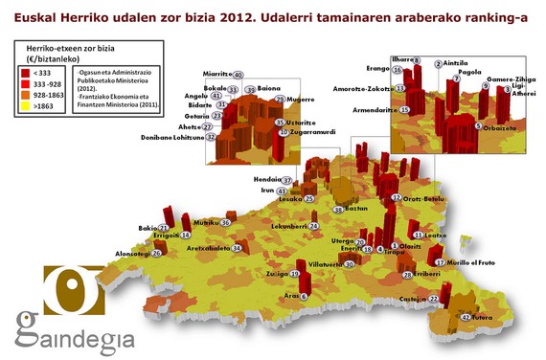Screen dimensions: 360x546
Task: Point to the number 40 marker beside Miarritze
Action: tap(239, 75)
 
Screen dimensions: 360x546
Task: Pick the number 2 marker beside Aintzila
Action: tap(439, 63)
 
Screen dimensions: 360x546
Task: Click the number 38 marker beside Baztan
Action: tap(338, 209)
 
